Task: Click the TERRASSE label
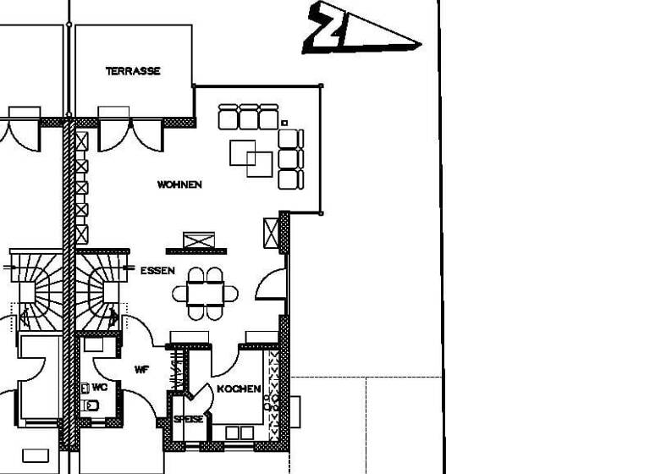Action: (133, 72)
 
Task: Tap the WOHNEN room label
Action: (179, 185)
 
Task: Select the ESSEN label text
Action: (157, 271)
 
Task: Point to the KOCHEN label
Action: (239, 389)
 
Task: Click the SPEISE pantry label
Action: (188, 419)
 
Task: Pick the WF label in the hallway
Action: (142, 370)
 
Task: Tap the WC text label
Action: (99, 387)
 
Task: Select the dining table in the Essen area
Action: (205, 294)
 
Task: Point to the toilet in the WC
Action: (91, 405)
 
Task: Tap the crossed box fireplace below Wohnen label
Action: (196, 240)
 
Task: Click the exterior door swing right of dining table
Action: (270, 284)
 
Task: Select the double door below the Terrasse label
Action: (130, 134)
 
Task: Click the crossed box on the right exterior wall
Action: (271, 232)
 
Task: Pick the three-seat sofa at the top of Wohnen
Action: (248, 116)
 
